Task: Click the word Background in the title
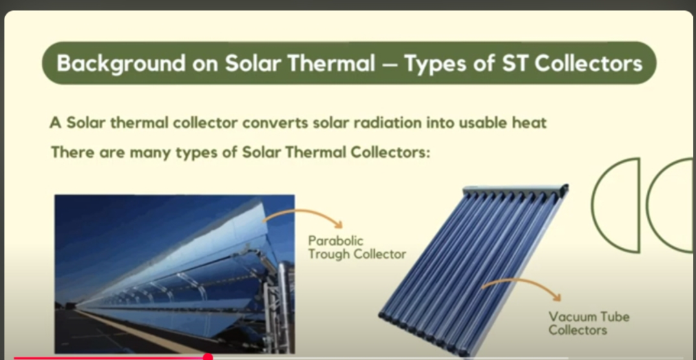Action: [x=121, y=63]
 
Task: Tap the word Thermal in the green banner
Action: [x=331, y=63]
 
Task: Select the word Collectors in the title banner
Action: [x=588, y=63]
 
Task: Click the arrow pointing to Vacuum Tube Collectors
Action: [x=522, y=281]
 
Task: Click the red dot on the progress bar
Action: [x=207, y=357]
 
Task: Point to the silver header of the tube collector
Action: [x=516, y=190]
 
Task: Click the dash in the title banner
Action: [x=389, y=65]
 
